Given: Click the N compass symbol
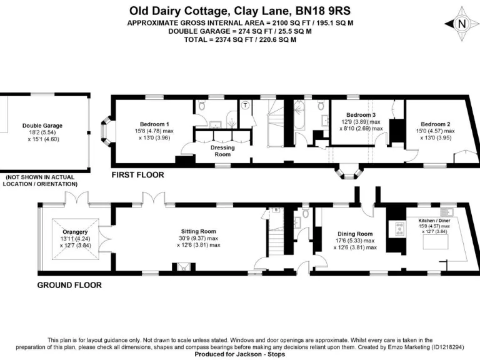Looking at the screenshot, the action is [462, 24].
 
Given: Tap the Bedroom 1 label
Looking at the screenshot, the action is [154, 124].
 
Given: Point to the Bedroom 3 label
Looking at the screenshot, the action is [361, 115].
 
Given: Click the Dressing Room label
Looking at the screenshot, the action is [222, 151].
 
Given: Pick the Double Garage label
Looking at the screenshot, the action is [42, 126].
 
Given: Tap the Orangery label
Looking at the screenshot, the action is [75, 232].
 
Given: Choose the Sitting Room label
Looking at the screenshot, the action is [198, 231].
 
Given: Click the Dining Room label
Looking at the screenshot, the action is [355, 234].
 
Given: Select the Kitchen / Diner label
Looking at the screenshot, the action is [434, 221].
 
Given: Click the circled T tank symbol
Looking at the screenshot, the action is [245, 105].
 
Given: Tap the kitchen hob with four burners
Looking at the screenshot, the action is [399, 229].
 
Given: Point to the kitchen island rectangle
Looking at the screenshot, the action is [436, 242].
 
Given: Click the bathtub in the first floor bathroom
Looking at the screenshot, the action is [299, 115].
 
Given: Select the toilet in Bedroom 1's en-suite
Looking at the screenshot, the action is [201, 106].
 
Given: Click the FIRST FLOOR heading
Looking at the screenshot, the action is [137, 175].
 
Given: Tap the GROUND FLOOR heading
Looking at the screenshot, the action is [69, 285].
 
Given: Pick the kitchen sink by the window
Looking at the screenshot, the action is [447, 211].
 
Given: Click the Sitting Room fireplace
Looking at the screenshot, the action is [183, 267].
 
